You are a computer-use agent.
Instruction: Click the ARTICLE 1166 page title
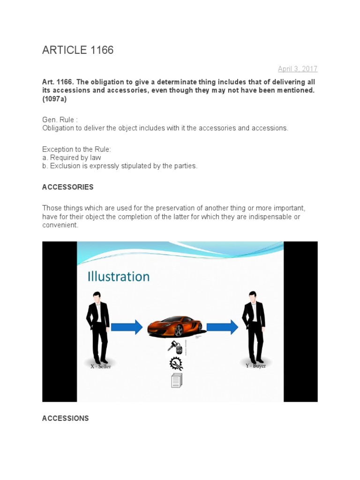click(78, 50)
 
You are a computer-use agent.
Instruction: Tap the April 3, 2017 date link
click(297, 69)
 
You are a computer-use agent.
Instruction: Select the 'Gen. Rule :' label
click(58, 120)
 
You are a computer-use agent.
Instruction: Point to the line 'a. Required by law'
click(71, 158)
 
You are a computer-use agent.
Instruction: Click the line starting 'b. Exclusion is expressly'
click(120, 166)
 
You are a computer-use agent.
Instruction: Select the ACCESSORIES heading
click(67, 187)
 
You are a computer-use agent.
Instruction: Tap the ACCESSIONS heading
click(65, 418)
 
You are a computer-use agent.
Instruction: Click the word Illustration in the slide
click(119, 277)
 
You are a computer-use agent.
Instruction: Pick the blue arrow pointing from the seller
click(126, 326)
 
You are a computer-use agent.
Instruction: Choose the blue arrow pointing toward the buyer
click(222, 326)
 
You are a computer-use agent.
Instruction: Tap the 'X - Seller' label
click(101, 367)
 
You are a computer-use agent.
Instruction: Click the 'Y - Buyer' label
click(255, 366)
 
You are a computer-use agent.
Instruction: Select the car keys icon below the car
click(175, 347)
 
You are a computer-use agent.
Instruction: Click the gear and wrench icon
click(176, 364)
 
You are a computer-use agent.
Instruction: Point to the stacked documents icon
click(176, 381)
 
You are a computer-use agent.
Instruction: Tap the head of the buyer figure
click(253, 296)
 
